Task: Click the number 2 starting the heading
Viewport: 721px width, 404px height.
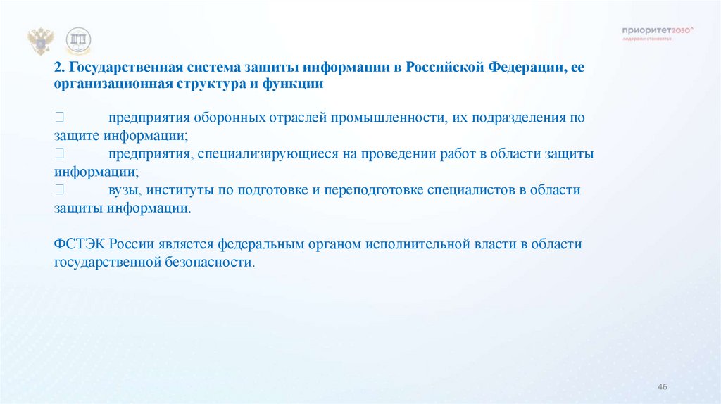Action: click(x=58, y=68)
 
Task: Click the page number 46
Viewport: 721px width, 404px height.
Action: click(x=661, y=387)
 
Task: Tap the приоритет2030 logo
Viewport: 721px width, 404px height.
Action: click(x=658, y=32)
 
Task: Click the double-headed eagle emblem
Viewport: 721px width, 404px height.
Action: click(x=40, y=41)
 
